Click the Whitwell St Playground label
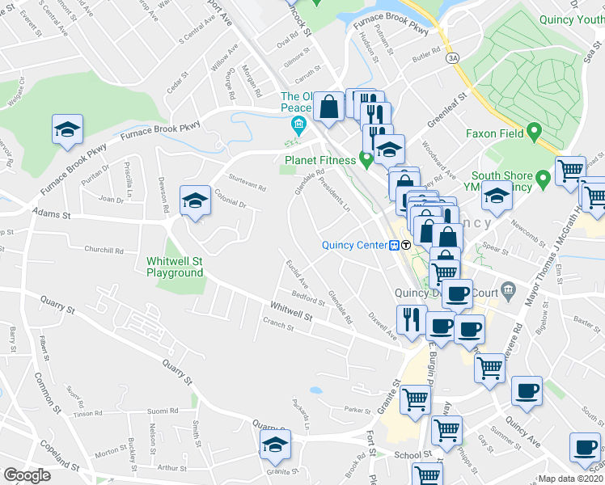tap(175, 267)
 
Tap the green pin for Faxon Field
tap(533, 131)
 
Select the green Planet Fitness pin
tap(366, 159)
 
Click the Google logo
tap(27, 474)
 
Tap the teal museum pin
tap(298, 124)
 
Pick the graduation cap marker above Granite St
tap(275, 444)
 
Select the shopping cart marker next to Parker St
tap(415, 398)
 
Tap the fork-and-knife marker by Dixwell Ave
tap(411, 320)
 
